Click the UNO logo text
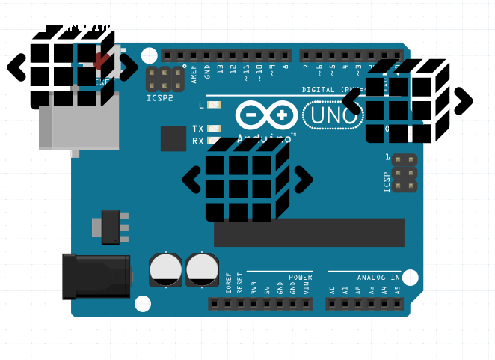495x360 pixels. point(333,115)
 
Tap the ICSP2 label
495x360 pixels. point(159,98)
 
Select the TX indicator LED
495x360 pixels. point(215,129)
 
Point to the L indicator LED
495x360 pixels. point(215,105)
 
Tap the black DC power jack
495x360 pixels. point(96,275)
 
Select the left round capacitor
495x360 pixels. point(165,269)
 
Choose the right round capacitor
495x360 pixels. point(202,269)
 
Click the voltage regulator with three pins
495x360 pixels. point(110,227)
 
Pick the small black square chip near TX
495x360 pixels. point(173,138)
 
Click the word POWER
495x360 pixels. point(301,278)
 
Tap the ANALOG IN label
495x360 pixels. point(378,278)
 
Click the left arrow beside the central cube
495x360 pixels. point(192,179)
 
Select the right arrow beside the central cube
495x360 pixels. point(302,178)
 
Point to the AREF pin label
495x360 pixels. point(194,72)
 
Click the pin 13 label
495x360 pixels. point(220,70)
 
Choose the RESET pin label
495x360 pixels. point(240,283)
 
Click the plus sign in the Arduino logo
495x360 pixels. point(281,115)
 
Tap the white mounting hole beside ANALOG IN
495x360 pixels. point(410,278)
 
